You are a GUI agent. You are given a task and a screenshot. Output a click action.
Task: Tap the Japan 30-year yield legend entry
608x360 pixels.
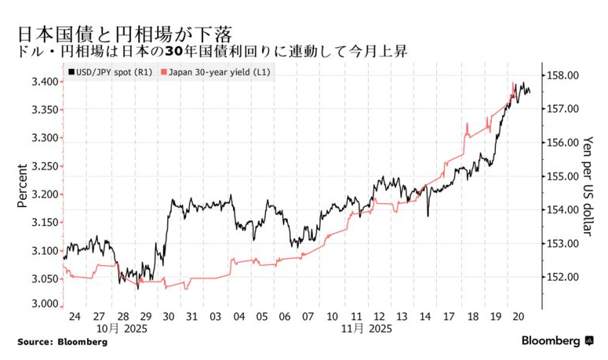click(x=216, y=72)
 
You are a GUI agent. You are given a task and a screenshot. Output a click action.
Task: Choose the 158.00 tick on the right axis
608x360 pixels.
click(x=562, y=75)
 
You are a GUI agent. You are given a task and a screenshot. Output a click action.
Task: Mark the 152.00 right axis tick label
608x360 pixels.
click(x=562, y=277)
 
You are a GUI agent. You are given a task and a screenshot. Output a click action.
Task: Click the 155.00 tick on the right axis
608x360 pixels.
click(x=562, y=176)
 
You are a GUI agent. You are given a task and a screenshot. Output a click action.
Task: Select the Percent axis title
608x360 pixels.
click(x=23, y=186)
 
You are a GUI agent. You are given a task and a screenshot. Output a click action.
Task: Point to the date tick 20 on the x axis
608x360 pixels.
click(x=519, y=316)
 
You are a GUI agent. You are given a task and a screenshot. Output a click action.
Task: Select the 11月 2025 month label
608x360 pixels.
click(x=367, y=329)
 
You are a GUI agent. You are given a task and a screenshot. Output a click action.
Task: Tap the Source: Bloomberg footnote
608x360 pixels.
click(x=62, y=342)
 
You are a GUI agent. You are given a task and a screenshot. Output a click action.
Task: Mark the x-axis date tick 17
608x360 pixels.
click(x=448, y=316)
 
